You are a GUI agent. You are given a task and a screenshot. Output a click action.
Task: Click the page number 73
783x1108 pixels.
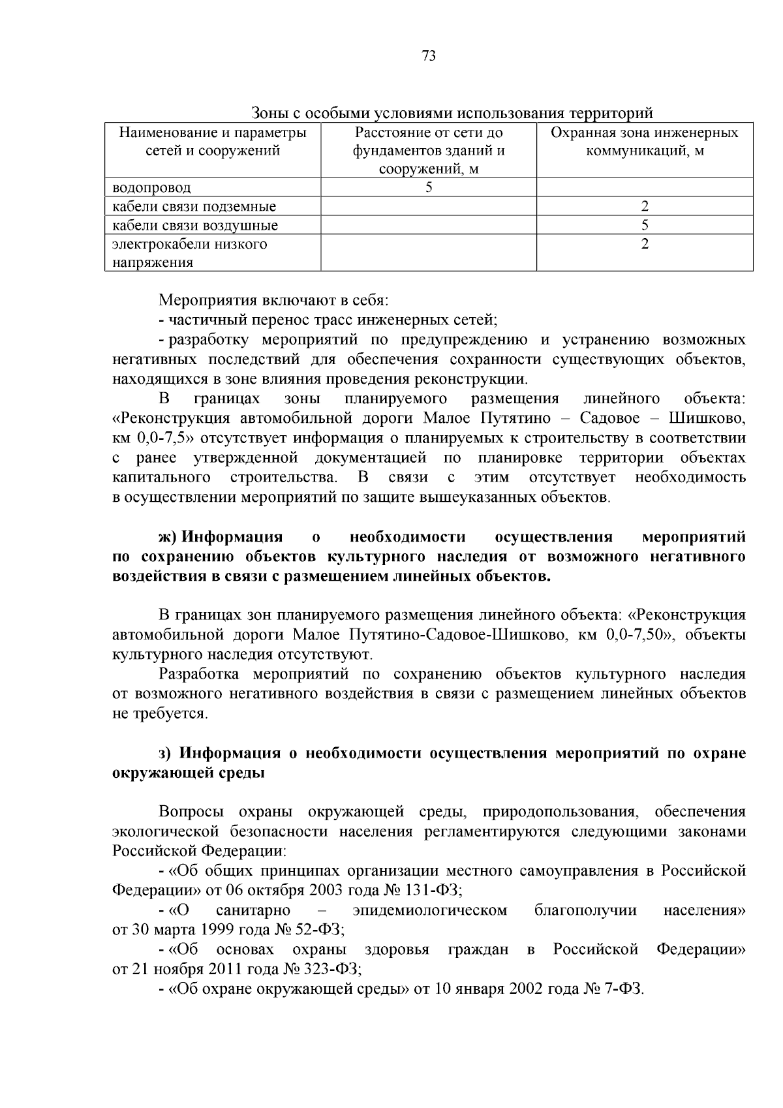pyautogui.click(x=429, y=55)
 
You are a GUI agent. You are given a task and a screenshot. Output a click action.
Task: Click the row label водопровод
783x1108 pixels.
pyautogui.click(x=151, y=188)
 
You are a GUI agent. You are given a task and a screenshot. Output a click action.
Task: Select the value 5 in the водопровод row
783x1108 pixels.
pyautogui.click(x=429, y=188)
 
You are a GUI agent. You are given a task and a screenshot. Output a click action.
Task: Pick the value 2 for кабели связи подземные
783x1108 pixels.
pyautogui.click(x=645, y=207)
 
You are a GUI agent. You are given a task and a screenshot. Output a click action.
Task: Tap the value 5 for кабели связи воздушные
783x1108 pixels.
pyautogui.click(x=645, y=226)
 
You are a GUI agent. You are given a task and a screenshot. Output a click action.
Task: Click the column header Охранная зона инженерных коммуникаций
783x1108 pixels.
pyautogui.click(x=645, y=142)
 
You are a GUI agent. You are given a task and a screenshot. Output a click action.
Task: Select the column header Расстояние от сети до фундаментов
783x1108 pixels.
pyautogui.click(x=429, y=151)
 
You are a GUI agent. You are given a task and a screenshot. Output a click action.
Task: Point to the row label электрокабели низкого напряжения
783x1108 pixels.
pyautogui.click(x=189, y=253)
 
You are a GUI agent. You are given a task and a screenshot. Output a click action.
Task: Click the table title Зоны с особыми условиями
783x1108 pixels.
pyautogui.click(x=452, y=113)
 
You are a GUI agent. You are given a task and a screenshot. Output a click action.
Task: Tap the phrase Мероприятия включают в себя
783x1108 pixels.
pyautogui.click(x=273, y=301)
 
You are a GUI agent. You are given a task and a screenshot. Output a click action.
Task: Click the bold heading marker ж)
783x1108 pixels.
pyautogui.click(x=168, y=537)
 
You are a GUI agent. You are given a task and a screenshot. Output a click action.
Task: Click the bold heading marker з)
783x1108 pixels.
pyautogui.click(x=166, y=753)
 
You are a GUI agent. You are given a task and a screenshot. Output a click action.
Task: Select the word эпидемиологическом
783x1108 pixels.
pyautogui.click(x=429, y=910)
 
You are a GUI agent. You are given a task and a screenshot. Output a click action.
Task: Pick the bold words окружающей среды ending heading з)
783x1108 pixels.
pyautogui.click(x=189, y=773)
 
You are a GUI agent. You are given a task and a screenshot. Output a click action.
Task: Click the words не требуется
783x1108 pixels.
pyautogui.click(x=160, y=713)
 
